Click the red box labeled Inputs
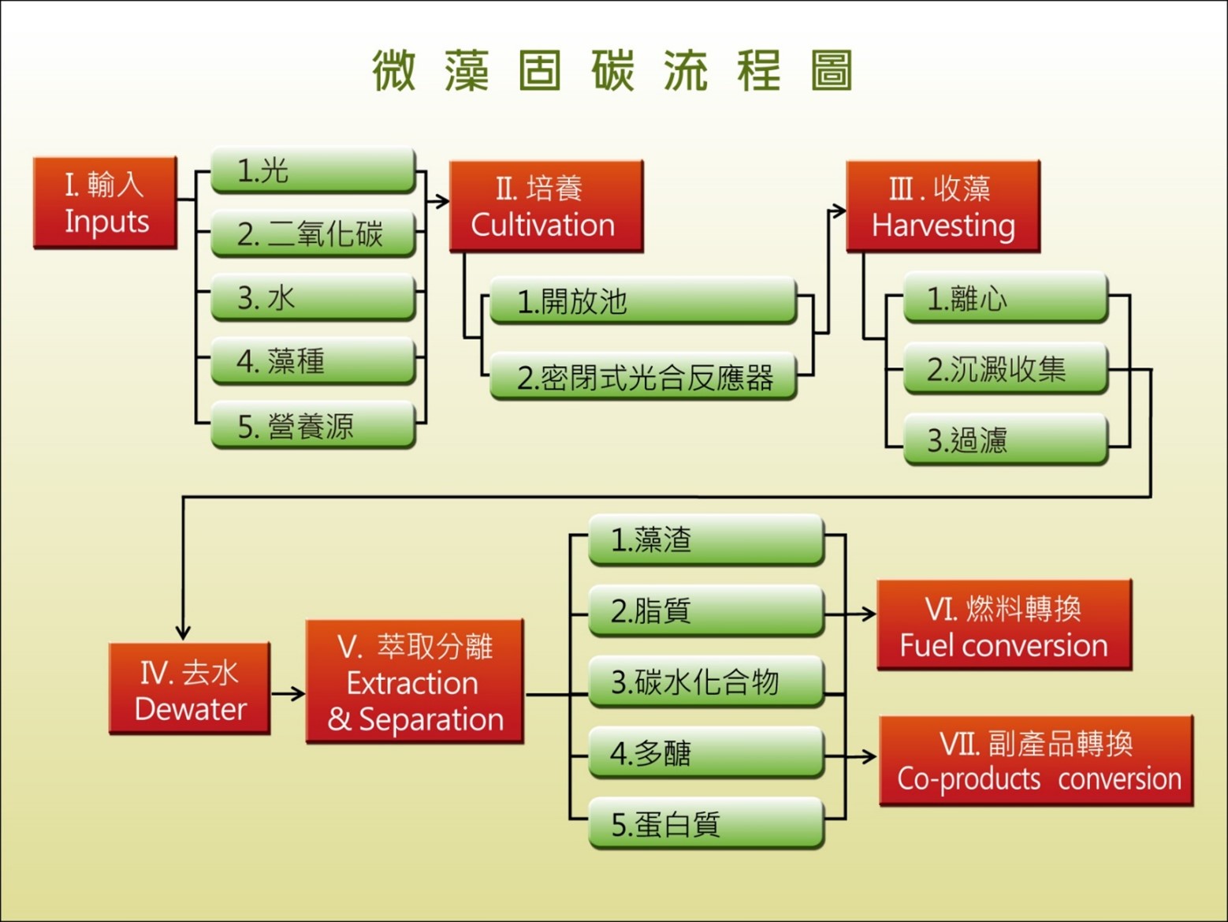coord(105,203)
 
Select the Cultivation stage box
coord(546,206)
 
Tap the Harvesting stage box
coord(943,206)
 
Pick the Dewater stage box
coord(190,689)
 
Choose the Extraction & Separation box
coord(415,681)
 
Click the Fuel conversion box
coord(1004,625)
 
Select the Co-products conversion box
coord(1036,761)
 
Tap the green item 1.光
coord(313,170)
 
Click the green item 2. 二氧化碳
coord(313,233)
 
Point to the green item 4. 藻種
coord(313,360)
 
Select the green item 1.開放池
coord(643,300)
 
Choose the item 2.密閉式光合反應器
coord(643,376)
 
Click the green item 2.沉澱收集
coord(1006,368)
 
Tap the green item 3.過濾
coord(1006,439)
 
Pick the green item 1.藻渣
coord(706,540)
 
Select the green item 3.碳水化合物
coord(706,682)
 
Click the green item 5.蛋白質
coord(706,823)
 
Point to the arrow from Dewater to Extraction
coord(288,694)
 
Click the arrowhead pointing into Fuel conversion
coord(869,614)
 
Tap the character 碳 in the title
coord(613,70)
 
